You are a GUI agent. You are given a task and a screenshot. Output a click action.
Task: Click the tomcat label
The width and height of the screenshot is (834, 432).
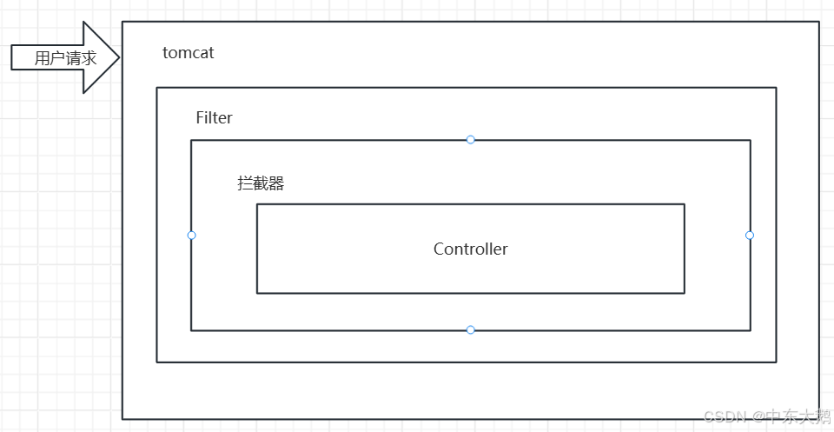click(188, 53)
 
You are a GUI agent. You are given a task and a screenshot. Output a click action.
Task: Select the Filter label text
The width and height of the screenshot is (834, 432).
click(214, 118)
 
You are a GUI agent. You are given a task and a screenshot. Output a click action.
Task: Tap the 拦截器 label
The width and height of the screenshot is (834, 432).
click(261, 183)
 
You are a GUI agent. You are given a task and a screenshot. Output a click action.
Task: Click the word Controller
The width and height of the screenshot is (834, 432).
click(470, 249)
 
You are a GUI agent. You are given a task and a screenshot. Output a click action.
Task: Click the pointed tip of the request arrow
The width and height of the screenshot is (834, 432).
click(119, 57)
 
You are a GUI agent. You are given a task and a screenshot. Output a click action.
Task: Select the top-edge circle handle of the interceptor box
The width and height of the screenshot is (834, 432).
click(471, 139)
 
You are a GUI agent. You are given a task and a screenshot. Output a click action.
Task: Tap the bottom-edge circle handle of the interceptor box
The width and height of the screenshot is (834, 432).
click(471, 329)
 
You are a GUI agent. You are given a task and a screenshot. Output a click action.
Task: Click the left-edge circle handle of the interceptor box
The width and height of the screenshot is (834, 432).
click(191, 235)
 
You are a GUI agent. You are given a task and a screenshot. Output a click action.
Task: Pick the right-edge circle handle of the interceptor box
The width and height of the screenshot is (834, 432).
click(750, 235)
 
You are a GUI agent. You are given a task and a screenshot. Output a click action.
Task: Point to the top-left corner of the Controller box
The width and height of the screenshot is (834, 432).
click(257, 204)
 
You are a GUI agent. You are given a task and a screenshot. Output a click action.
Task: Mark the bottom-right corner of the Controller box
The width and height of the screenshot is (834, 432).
click(685, 293)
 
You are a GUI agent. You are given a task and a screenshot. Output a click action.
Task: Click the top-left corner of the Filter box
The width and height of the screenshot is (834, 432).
click(157, 88)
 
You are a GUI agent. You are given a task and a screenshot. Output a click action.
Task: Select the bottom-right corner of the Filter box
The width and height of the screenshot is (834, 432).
click(776, 362)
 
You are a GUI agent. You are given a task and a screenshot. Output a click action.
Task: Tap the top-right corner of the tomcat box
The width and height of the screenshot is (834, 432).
click(819, 22)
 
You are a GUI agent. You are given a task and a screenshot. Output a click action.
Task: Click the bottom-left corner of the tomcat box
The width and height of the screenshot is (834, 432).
click(122, 419)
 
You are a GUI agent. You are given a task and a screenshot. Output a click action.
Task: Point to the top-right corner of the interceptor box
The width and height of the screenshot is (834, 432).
click(750, 140)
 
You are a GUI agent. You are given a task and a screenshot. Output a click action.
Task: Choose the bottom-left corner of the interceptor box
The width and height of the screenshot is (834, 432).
click(191, 330)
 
